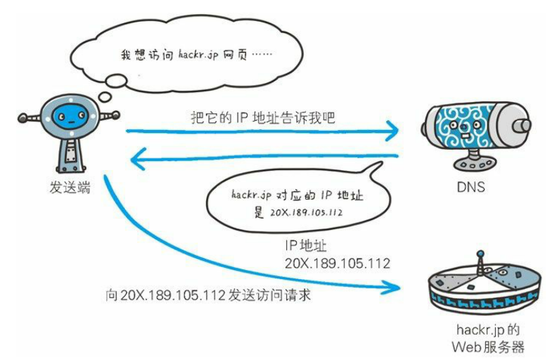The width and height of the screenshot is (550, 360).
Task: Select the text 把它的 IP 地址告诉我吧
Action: [262, 119]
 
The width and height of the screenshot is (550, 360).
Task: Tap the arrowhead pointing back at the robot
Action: [139, 162]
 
